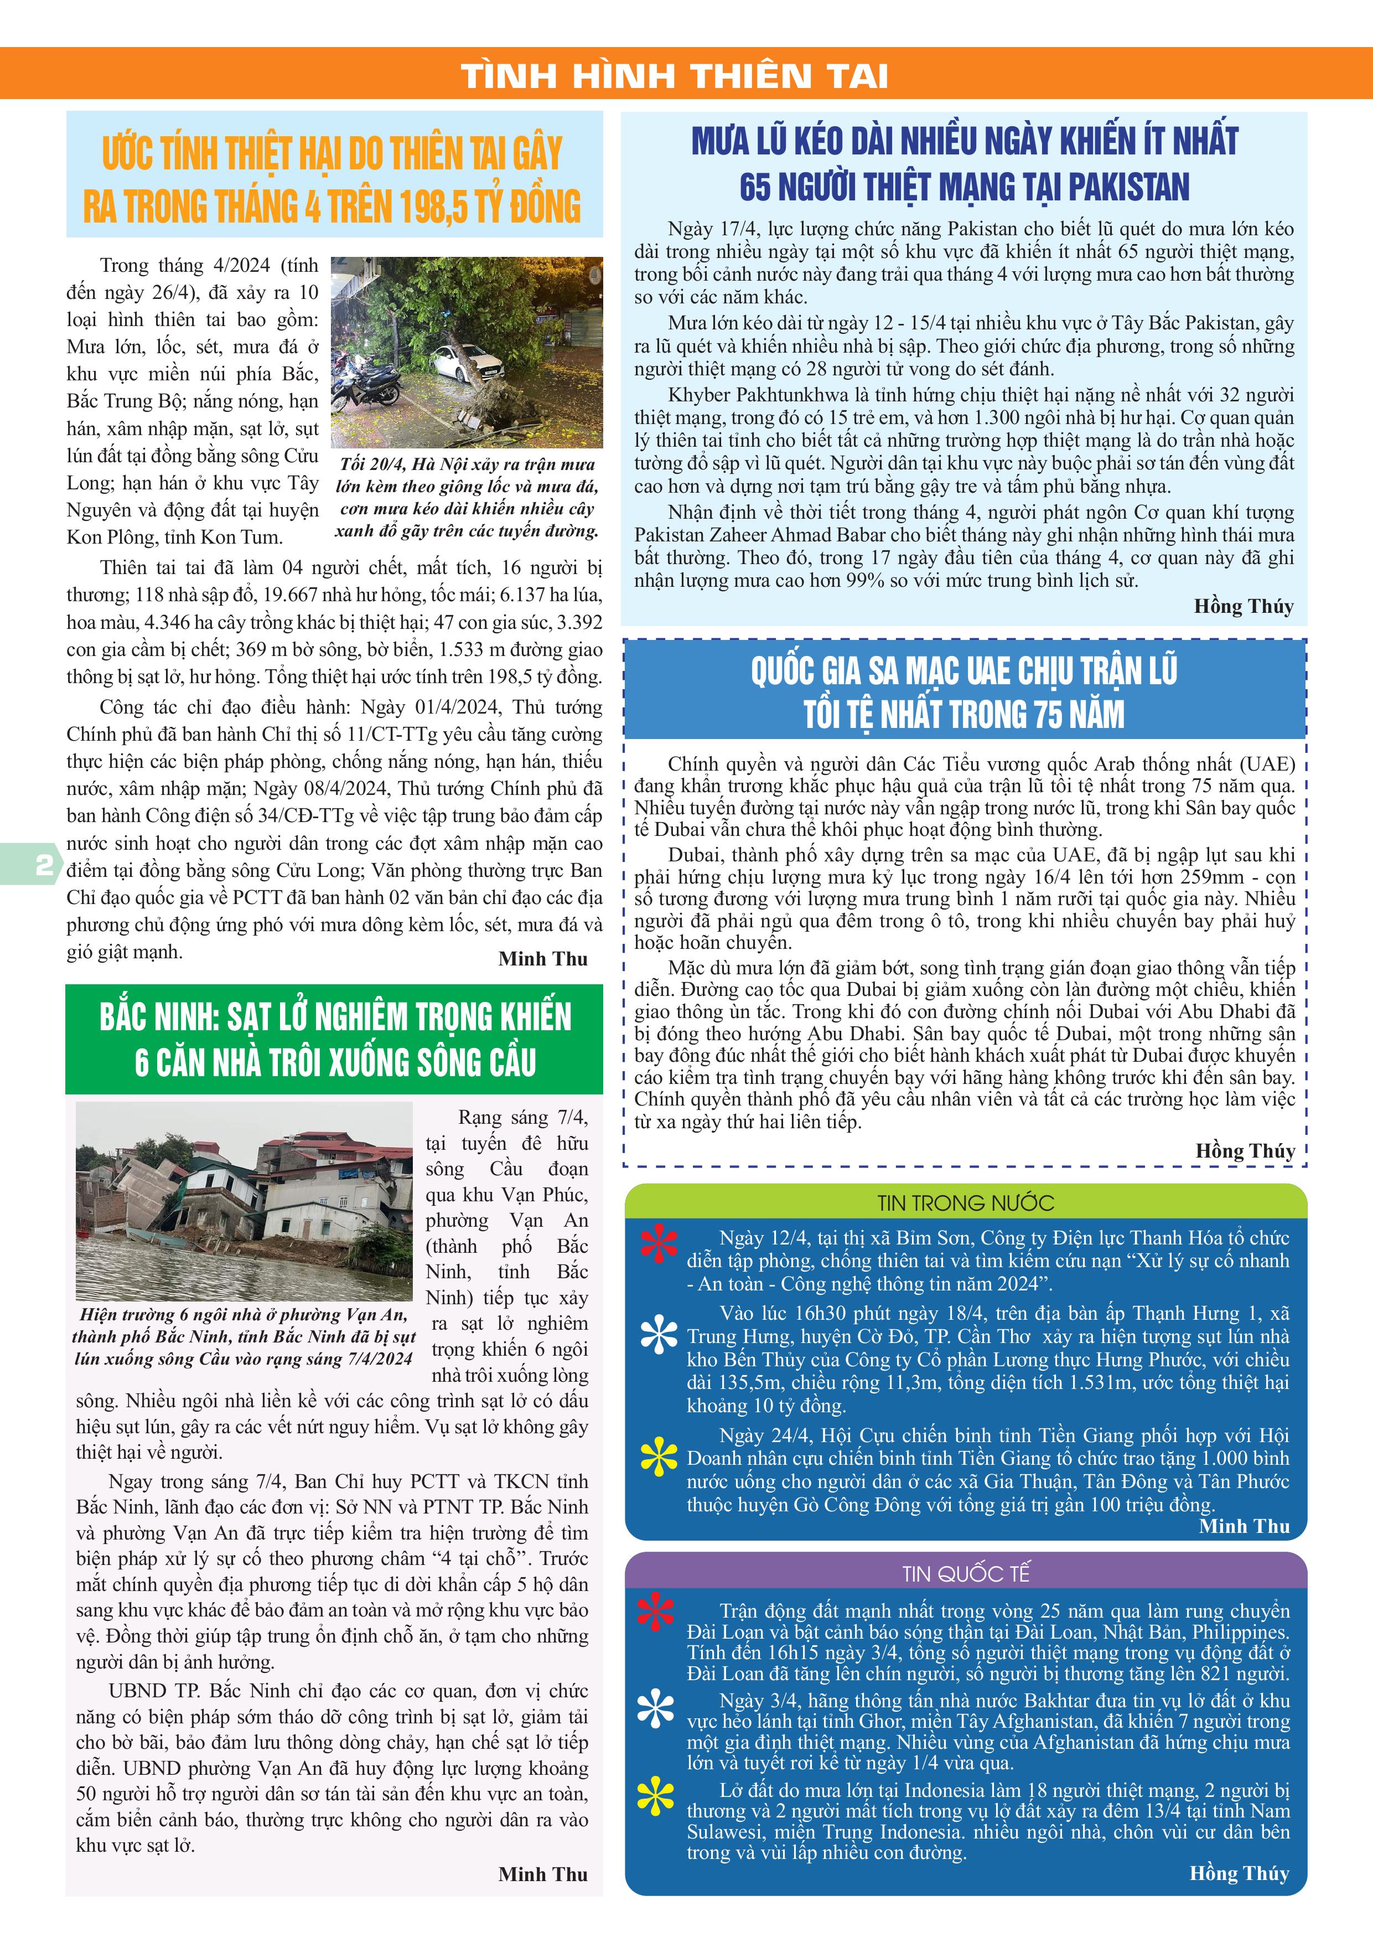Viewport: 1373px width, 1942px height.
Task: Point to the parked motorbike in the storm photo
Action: pyautogui.click(x=366, y=385)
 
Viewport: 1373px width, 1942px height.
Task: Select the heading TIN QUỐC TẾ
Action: pyautogui.click(x=966, y=1574)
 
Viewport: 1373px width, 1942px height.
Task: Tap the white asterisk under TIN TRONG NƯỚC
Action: pyautogui.click(x=659, y=1335)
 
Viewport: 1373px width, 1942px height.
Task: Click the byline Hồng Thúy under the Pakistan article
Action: pyautogui.click(x=1244, y=606)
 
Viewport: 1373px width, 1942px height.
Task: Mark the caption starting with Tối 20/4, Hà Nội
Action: pyautogui.click(x=467, y=497)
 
